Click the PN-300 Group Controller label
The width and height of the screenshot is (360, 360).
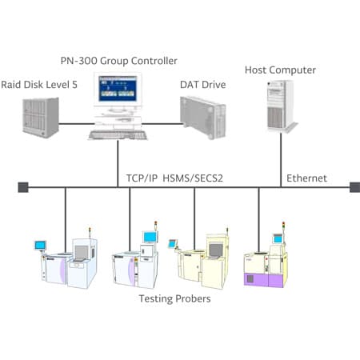pyautogui.click(x=118, y=61)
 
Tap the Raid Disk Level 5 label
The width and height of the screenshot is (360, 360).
pyautogui.click(x=39, y=85)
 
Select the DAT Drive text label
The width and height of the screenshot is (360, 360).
pyautogui.click(x=203, y=85)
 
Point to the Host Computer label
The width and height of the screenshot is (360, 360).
pyautogui.click(x=280, y=70)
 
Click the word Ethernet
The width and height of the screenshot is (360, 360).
pyautogui.click(x=306, y=178)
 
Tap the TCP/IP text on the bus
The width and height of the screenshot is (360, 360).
pyautogui.click(x=142, y=178)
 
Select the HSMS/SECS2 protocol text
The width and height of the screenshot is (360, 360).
pyautogui.click(x=193, y=178)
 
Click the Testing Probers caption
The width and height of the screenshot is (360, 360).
pyautogui.click(x=174, y=298)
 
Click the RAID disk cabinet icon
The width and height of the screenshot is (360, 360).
pyautogui.click(x=41, y=118)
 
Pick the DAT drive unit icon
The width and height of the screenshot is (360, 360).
pyautogui.click(x=203, y=118)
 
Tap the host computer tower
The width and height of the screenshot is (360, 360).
pyautogui.click(x=282, y=106)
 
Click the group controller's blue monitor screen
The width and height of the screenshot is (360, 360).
pyautogui.click(x=118, y=89)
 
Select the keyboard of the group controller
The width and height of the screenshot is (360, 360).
pyautogui.click(x=118, y=135)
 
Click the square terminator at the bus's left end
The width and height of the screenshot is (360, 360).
pyautogui.click(x=23, y=187)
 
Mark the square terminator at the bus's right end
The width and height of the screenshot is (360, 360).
pyautogui.click(x=355, y=187)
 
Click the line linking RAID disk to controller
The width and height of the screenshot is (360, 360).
pyautogui.click(x=77, y=124)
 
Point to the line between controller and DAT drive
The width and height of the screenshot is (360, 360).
pyautogui.click(x=162, y=124)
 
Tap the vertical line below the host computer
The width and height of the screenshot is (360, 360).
pyautogui.click(x=281, y=160)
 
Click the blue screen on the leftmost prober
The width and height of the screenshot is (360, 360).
pyautogui.click(x=40, y=245)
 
